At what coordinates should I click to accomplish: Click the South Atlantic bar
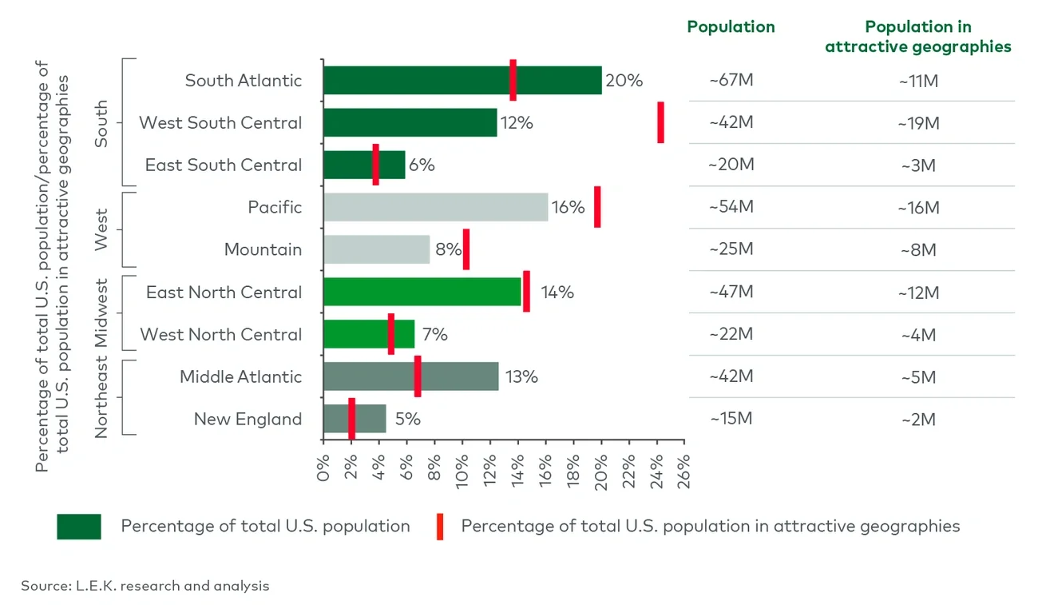(x=462, y=81)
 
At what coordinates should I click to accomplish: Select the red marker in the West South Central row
(x=660, y=122)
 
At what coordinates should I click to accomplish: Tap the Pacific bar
(x=435, y=207)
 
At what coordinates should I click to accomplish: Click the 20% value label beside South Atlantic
(x=624, y=81)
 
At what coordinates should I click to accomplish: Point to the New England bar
(x=355, y=419)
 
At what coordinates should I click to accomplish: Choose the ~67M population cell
(x=731, y=81)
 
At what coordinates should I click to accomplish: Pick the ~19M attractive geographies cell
(x=917, y=123)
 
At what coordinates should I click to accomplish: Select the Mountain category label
(x=263, y=249)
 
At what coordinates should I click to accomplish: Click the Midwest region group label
(x=101, y=313)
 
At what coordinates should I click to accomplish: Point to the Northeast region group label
(x=101, y=398)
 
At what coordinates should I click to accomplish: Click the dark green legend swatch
(x=79, y=527)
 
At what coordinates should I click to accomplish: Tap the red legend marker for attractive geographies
(x=440, y=527)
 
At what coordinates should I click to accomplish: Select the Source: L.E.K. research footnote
(x=145, y=586)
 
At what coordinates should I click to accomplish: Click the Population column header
(x=731, y=26)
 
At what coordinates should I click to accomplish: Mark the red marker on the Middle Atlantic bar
(x=418, y=376)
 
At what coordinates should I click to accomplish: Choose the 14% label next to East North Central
(x=557, y=292)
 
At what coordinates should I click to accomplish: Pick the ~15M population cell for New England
(x=731, y=419)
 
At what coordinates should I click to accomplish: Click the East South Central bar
(x=363, y=165)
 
